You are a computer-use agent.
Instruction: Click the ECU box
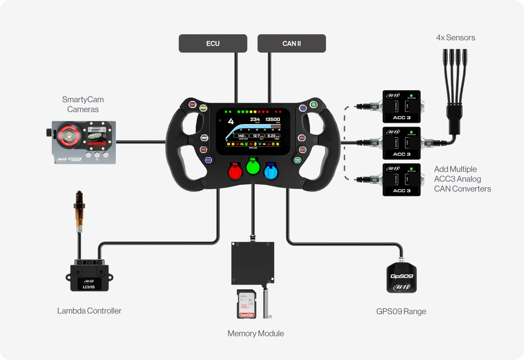point(213,43)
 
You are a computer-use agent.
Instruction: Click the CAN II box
point(291,43)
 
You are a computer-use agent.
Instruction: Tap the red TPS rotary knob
point(235,172)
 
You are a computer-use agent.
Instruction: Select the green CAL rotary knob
point(253,167)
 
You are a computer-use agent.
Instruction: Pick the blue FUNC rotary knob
point(271,172)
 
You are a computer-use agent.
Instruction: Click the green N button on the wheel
point(314,105)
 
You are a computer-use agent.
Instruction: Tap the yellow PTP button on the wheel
point(203,108)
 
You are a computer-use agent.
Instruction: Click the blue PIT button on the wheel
point(208,160)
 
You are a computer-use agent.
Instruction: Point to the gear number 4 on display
point(231,122)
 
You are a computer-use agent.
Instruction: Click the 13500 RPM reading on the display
point(273,119)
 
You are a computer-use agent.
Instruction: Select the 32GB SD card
point(246,304)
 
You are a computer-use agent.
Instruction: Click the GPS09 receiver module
point(401,278)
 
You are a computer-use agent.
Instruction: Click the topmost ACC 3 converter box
point(401,106)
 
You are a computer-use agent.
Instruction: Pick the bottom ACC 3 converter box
point(401,180)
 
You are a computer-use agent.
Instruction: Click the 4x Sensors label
point(455,38)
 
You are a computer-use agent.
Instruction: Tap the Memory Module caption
point(256,333)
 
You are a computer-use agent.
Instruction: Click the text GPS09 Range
point(401,311)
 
